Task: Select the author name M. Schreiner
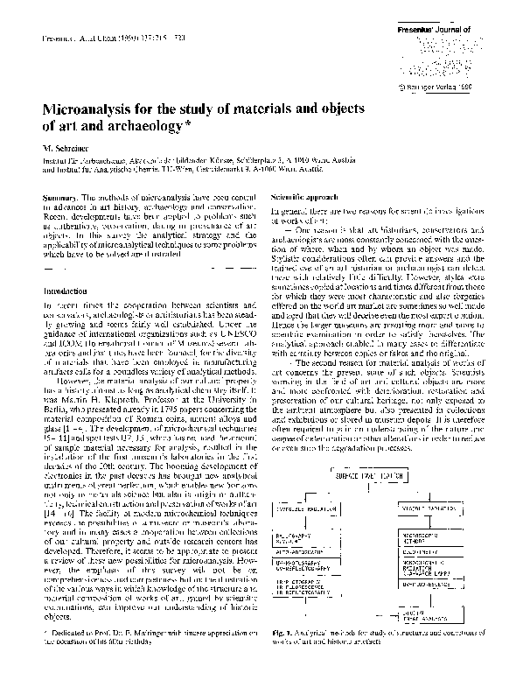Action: tap(73, 150)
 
